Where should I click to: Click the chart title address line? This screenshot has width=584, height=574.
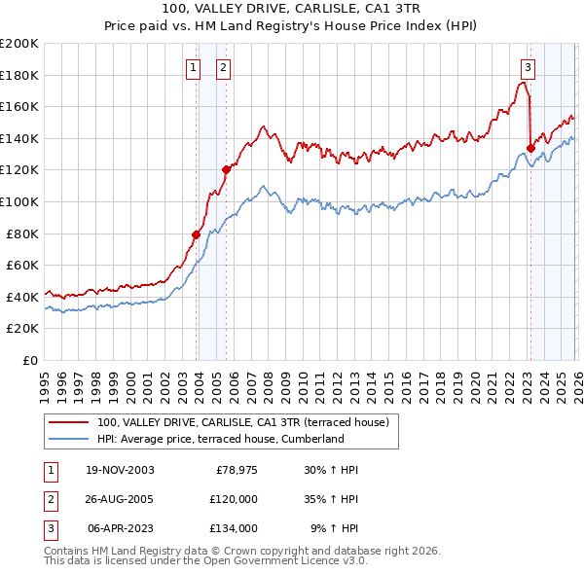(x=292, y=9)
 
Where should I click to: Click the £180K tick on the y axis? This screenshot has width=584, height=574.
(x=19, y=75)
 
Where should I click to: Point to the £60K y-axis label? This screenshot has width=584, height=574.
(x=22, y=265)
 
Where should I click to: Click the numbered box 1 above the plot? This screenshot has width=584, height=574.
(x=194, y=67)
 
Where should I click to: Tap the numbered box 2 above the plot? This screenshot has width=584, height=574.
(x=224, y=67)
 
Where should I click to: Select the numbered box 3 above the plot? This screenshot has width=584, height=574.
(x=528, y=67)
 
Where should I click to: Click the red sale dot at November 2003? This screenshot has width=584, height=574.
(x=197, y=234)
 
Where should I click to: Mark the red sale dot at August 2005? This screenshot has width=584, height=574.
(x=226, y=169)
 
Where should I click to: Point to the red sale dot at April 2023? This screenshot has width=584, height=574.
(x=530, y=148)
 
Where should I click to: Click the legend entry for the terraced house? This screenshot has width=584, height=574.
(x=243, y=422)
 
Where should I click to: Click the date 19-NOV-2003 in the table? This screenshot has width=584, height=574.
(x=120, y=470)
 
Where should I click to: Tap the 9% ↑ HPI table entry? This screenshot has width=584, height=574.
(x=334, y=528)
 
